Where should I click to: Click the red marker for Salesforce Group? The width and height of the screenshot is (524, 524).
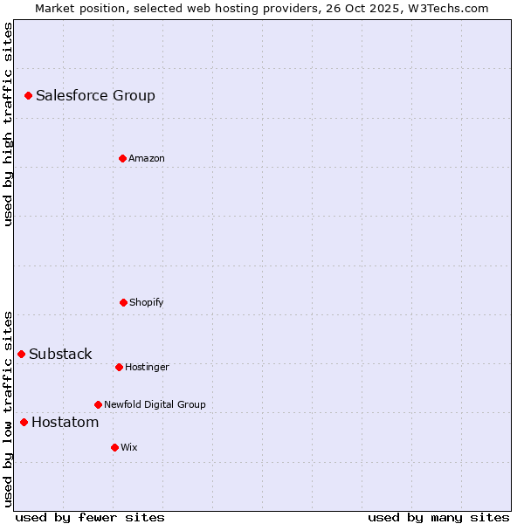[28, 95]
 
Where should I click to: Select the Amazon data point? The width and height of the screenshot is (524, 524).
[122, 158]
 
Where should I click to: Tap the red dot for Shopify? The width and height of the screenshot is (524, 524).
[123, 302]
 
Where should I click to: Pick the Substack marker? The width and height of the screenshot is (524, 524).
[21, 354]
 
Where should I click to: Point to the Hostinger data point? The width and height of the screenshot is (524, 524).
[119, 367]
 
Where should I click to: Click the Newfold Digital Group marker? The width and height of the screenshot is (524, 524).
[98, 404]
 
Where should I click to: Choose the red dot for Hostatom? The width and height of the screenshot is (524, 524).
[24, 423]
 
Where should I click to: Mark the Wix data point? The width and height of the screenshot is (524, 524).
[114, 447]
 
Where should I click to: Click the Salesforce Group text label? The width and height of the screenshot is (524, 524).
[95, 96]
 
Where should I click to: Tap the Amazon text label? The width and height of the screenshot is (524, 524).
[147, 158]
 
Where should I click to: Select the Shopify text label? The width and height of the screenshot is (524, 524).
[147, 302]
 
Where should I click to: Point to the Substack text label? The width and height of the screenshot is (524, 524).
[60, 354]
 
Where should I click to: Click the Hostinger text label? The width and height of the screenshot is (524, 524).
[147, 367]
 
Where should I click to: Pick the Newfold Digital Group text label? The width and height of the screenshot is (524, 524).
[155, 404]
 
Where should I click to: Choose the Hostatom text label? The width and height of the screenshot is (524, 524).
[65, 423]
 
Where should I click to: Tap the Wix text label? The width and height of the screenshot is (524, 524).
[129, 447]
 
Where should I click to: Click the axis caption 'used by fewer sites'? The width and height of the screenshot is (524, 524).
[90, 517]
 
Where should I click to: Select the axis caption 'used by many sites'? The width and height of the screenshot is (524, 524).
[438, 517]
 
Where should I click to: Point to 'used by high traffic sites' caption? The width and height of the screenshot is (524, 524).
[8, 124]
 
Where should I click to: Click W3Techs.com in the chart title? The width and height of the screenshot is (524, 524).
[446, 8]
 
